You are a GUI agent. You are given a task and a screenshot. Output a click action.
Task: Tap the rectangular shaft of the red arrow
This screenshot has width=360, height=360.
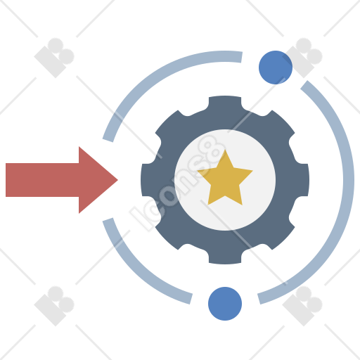42,180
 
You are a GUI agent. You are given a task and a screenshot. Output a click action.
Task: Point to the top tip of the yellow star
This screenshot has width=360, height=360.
225,150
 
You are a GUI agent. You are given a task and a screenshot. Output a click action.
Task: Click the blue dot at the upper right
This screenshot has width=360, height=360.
276,67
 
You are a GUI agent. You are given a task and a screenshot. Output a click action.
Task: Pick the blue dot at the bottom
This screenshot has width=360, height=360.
225,304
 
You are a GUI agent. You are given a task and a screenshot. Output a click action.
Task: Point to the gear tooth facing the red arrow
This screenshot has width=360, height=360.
148,180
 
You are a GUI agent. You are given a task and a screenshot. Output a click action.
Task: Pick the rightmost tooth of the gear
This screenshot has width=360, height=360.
302,180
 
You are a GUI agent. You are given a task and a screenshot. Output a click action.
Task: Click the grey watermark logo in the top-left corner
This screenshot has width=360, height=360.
54,58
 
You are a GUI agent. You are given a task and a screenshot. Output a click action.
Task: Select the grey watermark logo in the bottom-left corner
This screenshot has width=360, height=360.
54,306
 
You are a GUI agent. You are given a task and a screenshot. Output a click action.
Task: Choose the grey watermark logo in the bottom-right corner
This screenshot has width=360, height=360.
302,306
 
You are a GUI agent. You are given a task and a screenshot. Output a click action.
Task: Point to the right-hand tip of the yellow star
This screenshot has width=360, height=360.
252,171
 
